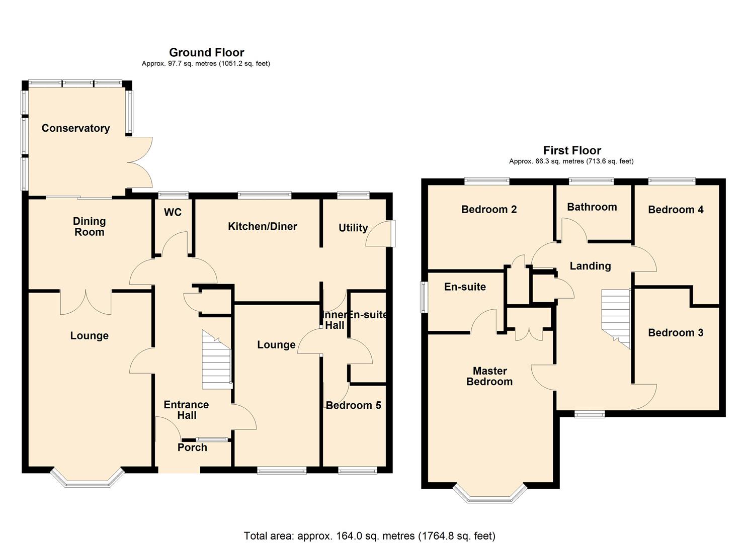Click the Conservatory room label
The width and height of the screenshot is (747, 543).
point(75,128)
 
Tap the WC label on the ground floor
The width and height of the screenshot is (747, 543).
point(173,212)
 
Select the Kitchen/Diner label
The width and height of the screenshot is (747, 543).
point(262,226)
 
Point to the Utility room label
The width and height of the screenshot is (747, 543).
point(353,228)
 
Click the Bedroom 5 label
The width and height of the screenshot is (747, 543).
point(353,405)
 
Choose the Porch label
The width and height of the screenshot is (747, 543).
point(192,447)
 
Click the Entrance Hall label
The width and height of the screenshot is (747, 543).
point(186,410)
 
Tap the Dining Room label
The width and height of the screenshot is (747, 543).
point(89,226)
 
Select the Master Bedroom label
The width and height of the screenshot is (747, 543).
point(489,376)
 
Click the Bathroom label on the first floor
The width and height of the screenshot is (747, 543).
point(592,207)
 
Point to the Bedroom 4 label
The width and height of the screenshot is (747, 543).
point(675,210)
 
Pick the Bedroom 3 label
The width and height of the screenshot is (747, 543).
point(675,332)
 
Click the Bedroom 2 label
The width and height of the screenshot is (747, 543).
point(489,209)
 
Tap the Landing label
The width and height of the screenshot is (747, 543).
point(590,266)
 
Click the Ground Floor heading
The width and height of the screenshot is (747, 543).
point(206,52)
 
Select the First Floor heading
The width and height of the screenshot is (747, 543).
point(572,150)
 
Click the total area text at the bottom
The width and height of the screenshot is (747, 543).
point(369,535)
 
